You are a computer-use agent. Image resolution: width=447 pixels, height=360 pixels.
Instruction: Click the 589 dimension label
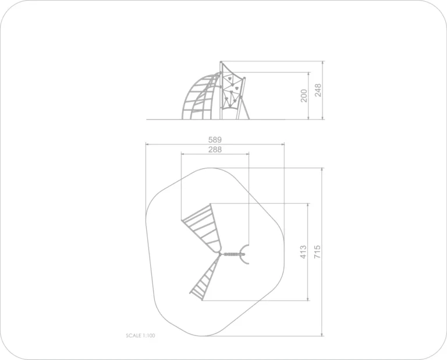215,140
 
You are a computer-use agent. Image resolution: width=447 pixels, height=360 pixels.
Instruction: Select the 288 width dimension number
215,150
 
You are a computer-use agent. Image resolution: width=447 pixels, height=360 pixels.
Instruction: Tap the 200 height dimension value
304,96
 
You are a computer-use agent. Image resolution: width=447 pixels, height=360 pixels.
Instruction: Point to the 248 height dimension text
318,90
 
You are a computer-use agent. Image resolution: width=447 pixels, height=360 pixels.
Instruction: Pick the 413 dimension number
303,252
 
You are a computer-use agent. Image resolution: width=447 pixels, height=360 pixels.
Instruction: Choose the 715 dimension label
317,252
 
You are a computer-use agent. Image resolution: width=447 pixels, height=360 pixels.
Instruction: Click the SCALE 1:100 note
140,336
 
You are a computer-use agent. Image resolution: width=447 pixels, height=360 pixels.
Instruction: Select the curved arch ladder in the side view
201,97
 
